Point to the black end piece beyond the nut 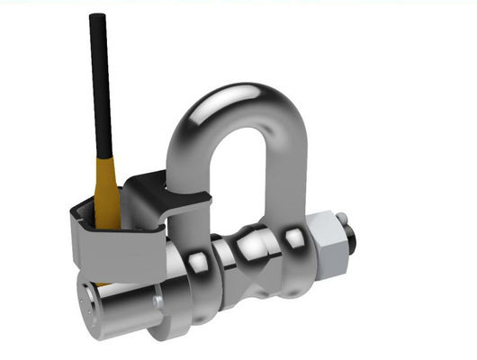coord(353,241)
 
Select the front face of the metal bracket coord(118,247)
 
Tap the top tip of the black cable coord(94,17)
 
